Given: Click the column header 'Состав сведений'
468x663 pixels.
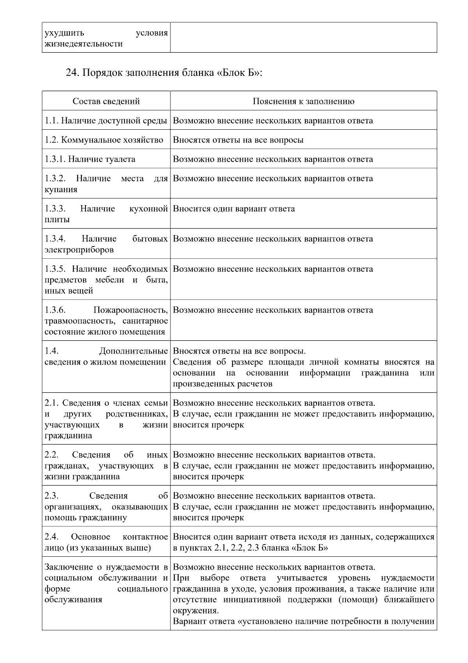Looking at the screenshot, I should coord(106,101).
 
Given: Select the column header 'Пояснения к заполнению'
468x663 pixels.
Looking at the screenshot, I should coord(303,101).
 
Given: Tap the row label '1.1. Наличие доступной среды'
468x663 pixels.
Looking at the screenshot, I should coord(106,121).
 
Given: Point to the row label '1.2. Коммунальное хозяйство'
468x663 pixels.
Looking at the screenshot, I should coord(104,140).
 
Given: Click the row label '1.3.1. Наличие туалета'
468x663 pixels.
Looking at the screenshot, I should coord(90,159).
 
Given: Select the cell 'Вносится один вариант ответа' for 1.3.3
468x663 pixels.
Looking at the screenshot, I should coord(234,209).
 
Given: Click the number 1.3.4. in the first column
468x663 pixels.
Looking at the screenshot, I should coord(55,239).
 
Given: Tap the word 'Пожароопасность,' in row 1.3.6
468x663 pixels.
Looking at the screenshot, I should coord(131,310).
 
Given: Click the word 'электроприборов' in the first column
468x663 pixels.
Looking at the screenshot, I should coord(79,250).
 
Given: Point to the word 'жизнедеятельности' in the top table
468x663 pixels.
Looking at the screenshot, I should coord(83,44).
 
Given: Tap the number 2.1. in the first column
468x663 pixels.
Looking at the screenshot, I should coord(51,403).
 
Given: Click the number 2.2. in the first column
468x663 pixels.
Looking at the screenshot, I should coord(51,455).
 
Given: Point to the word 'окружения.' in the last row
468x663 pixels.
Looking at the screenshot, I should coord(196,611).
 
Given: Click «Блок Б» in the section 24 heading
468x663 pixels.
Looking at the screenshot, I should coord(237,73).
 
